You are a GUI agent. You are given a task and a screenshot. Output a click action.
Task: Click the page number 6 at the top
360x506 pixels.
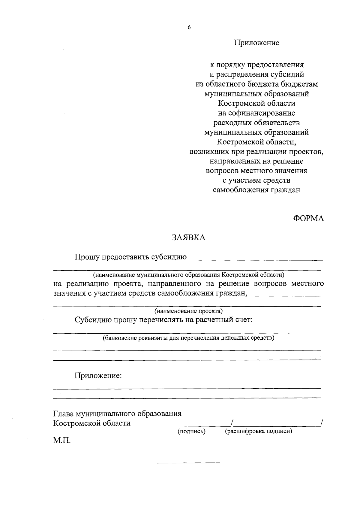pos(189,27)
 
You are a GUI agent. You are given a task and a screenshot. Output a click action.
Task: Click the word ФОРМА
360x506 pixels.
pos(308,219)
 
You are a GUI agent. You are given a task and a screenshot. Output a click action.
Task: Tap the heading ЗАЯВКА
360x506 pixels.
pos(188,238)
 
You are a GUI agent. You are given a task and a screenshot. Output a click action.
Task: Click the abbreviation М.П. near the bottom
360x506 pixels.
pos(62,441)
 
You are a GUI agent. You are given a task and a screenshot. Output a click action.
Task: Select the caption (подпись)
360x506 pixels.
pos(191,432)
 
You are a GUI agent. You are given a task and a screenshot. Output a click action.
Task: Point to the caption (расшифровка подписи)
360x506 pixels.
pos(259,432)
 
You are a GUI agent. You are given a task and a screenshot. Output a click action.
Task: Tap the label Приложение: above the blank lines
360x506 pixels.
pos(98,376)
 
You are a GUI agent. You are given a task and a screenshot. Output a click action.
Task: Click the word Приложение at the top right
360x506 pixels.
pos(257,43)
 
